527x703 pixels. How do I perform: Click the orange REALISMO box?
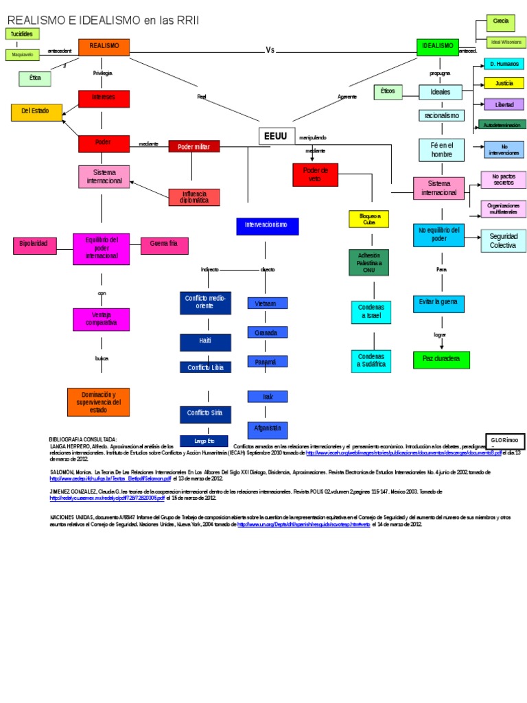(x=104, y=46)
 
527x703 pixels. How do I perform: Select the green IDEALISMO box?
(x=437, y=47)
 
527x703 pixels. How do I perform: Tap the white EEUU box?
(x=276, y=136)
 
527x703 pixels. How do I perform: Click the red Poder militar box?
(x=194, y=146)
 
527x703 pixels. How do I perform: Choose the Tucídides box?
(x=22, y=34)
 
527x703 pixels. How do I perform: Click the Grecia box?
(x=501, y=22)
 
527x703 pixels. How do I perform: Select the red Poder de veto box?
(x=316, y=174)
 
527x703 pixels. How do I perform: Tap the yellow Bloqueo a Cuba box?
(x=369, y=219)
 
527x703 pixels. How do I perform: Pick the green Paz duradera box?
(x=441, y=360)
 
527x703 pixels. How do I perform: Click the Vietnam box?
(x=266, y=303)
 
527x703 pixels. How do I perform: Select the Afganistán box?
(x=267, y=428)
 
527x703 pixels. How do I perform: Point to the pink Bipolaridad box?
(x=34, y=244)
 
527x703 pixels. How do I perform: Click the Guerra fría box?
(x=163, y=244)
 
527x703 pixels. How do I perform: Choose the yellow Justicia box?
(x=504, y=83)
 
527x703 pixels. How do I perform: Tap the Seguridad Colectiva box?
(x=503, y=240)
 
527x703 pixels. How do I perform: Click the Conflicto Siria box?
(x=204, y=413)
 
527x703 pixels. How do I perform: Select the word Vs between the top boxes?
(x=270, y=49)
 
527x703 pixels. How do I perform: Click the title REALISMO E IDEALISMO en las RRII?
(x=103, y=21)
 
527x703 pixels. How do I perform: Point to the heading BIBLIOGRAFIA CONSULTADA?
(x=83, y=439)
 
